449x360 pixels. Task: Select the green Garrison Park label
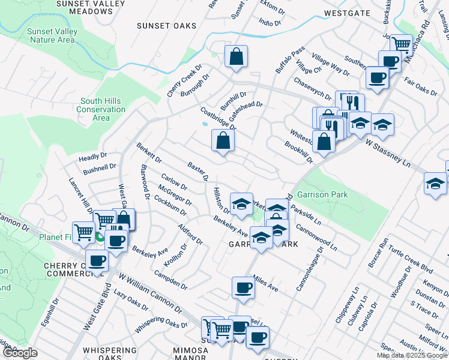pyautogui.click(x=327, y=194)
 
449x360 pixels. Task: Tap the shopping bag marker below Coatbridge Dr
pyautogui.click(x=223, y=141)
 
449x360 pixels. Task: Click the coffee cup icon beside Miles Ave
pyautogui.click(x=243, y=287)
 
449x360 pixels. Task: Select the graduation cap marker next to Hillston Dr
pyautogui.click(x=241, y=204)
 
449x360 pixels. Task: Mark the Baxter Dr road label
pyautogui.click(x=197, y=171)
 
